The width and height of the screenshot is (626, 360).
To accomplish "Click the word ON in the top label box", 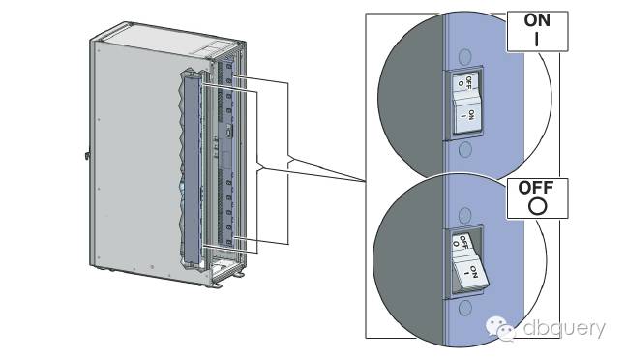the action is tap(537, 20).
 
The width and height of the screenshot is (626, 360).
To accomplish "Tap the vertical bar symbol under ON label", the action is tap(537, 39).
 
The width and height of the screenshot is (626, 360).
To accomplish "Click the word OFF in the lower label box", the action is tap(536, 188).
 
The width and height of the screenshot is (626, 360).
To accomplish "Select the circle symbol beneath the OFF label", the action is tap(537, 206).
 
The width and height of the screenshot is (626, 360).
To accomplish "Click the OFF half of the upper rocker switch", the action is tap(465, 82).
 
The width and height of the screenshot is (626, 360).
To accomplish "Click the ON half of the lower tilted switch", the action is tap(470, 273).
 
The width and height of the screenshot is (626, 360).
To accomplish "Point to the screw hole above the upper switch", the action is tap(465, 56).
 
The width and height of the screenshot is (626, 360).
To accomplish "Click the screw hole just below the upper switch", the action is tap(465, 149).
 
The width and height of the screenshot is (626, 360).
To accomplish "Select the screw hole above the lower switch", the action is tap(464, 215).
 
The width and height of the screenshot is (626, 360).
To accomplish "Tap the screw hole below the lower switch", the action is tap(464, 309).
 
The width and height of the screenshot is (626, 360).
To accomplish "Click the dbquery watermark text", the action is tap(564, 328).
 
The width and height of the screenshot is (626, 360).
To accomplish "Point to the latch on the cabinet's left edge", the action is tap(87, 155).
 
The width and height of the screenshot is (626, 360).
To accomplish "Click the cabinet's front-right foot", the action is tap(216, 285).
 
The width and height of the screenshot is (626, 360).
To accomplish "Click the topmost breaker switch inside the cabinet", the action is tap(229, 66).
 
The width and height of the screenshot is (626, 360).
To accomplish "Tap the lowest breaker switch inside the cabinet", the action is tap(229, 242).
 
